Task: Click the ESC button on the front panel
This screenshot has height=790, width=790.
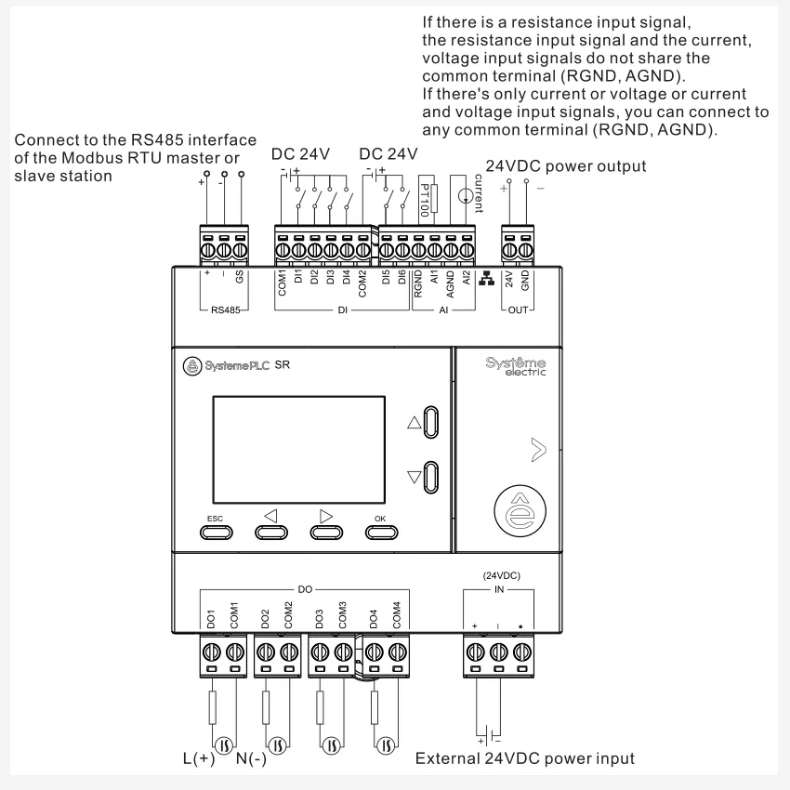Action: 216,532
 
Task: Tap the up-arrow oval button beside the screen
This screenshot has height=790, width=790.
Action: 431,421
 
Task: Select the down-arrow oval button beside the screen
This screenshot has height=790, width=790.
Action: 431,477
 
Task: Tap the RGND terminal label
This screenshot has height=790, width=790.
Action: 418,281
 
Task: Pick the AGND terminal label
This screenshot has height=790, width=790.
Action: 451,281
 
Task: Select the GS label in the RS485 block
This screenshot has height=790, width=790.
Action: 240,276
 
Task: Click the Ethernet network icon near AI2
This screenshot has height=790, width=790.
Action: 485,278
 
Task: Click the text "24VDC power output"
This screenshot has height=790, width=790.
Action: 568,166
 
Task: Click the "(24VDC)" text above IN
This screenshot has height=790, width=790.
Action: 502,575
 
